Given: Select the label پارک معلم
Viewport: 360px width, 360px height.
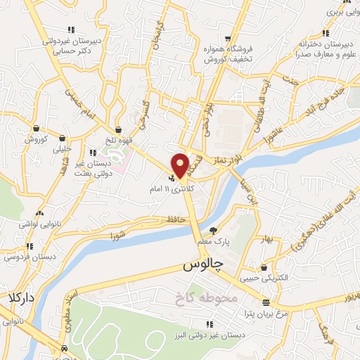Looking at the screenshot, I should point(214,241).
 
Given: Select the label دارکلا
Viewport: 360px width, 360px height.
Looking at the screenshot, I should point(17,297).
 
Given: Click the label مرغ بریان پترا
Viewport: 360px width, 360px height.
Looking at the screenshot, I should point(265,312).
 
